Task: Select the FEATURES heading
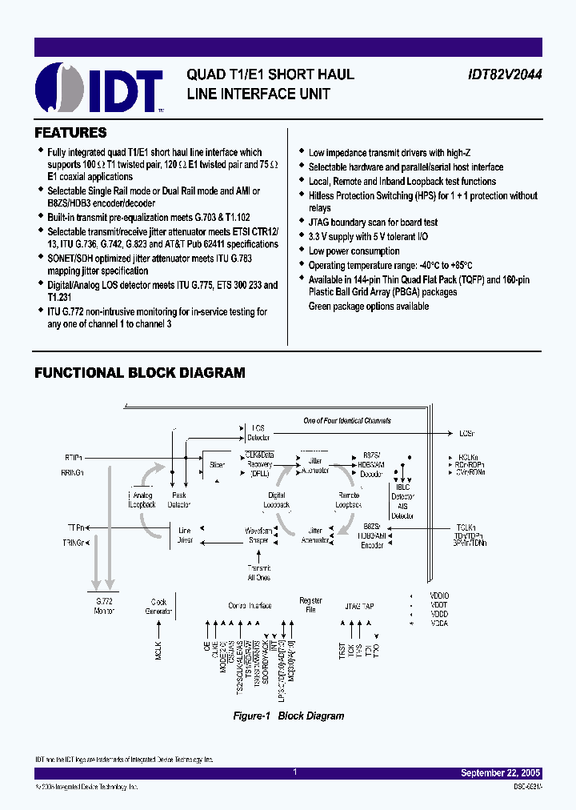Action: (x=70, y=133)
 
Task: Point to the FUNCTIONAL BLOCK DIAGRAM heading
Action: (x=139, y=373)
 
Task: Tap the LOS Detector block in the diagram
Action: (x=258, y=433)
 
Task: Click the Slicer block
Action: (x=217, y=464)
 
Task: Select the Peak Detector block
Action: (x=180, y=500)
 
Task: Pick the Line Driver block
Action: (x=185, y=535)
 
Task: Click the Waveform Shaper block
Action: (x=258, y=535)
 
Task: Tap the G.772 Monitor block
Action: (x=105, y=606)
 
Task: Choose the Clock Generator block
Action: (x=158, y=606)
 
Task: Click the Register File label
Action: (x=310, y=605)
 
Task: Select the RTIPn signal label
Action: (x=74, y=457)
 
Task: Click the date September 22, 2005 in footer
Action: (x=501, y=773)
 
